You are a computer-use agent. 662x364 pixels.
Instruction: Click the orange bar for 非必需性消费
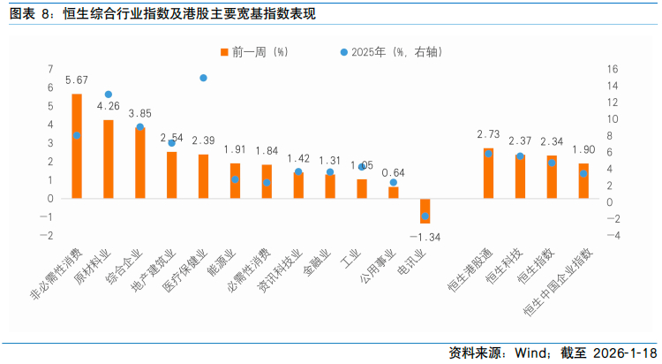click(77, 146)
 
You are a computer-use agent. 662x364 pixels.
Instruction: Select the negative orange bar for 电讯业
click(425, 210)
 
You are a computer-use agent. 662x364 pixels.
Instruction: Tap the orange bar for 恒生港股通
click(488, 173)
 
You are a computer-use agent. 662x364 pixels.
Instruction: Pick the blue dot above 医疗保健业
click(203, 78)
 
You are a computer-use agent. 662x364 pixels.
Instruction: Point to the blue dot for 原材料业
click(109, 95)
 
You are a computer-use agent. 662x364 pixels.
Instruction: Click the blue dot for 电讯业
click(425, 216)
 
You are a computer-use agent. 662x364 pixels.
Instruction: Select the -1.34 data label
click(425, 237)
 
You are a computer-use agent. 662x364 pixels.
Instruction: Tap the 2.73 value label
click(488, 135)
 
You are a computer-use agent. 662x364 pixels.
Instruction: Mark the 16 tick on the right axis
click(613, 69)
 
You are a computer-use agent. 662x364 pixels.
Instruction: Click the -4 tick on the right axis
click(613, 235)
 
